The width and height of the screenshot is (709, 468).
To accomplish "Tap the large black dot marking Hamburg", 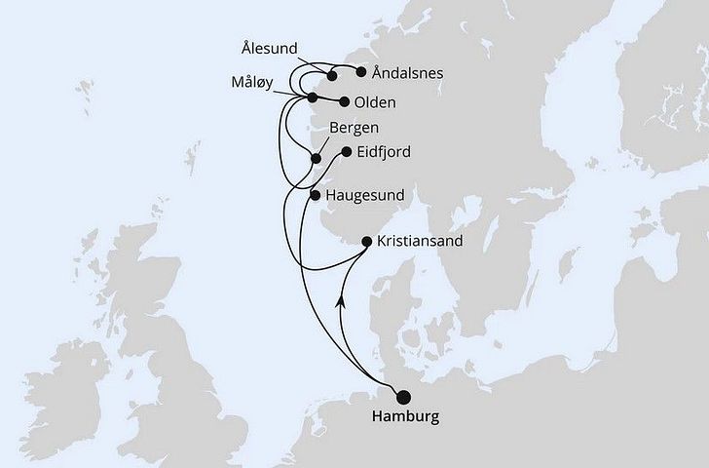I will pyautogui.click(x=402, y=395).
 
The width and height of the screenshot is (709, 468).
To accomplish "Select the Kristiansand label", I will pyautogui.click(x=415, y=241).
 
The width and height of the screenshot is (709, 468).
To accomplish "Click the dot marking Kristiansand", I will pyautogui.click(x=367, y=241).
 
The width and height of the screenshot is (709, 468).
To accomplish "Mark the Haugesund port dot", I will pyautogui.click(x=315, y=195).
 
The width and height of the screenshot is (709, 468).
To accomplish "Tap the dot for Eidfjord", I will pyautogui.click(x=346, y=152).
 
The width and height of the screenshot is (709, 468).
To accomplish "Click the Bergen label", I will pyautogui.click(x=354, y=128).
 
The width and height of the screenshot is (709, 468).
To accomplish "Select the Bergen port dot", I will pyautogui.click(x=316, y=158).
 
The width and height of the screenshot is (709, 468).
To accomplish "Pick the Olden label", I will pyautogui.click(x=376, y=100).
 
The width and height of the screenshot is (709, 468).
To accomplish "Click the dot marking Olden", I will pyautogui.click(x=345, y=100).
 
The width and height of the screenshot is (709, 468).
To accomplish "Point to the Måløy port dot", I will pyautogui.click(x=313, y=97).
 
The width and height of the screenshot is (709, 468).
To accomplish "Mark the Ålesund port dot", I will pyautogui.click(x=332, y=75).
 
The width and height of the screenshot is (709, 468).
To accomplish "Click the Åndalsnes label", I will pyautogui.click(x=403, y=71).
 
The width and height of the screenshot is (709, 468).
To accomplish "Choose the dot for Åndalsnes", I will pyautogui.click(x=361, y=71).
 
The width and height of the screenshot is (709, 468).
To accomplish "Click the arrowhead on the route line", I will pyautogui.click(x=340, y=304).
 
